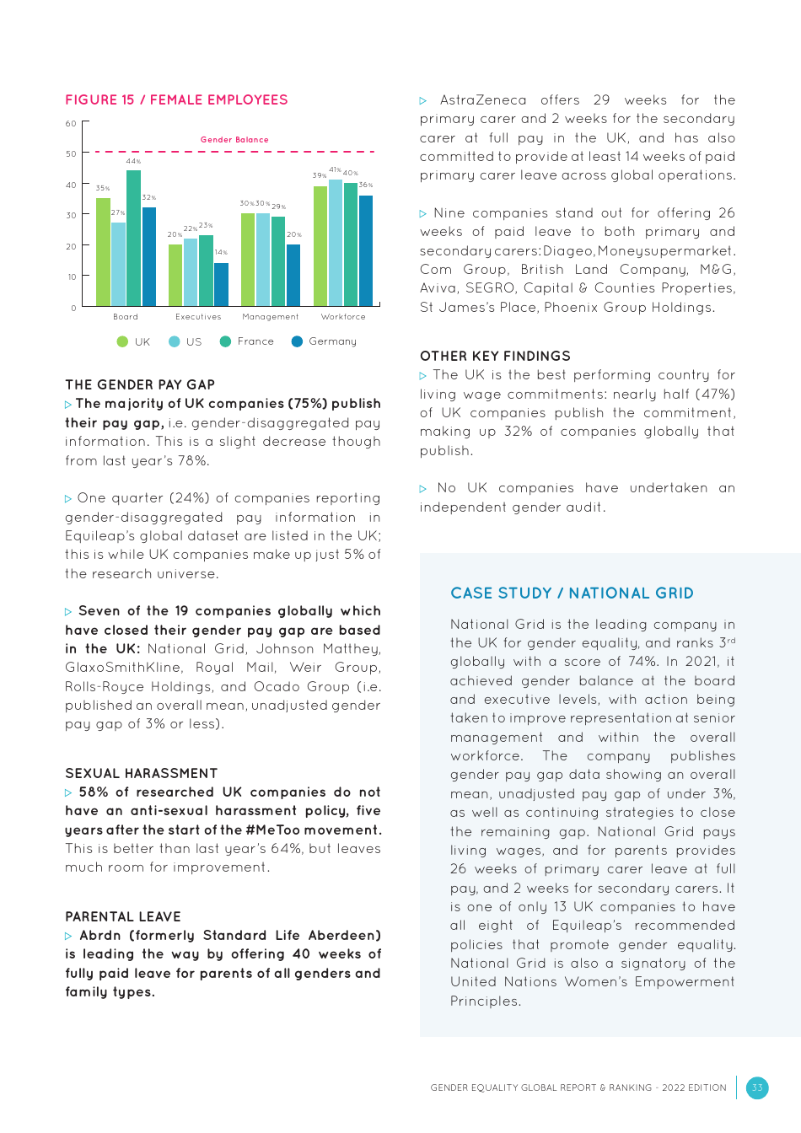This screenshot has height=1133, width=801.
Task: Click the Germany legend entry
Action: [x=324, y=341]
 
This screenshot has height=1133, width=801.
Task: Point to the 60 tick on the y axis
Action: [x=71, y=124]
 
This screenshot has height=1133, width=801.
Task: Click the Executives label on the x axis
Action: [x=198, y=317]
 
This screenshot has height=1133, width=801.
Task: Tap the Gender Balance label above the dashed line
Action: [x=234, y=140]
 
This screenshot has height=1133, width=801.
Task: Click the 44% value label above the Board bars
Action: [x=133, y=161]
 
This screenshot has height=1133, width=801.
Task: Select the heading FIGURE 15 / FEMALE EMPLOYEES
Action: [x=176, y=99]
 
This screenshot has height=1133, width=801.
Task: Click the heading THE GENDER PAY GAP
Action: [x=140, y=384]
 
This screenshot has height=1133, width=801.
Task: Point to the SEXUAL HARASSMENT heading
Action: [x=141, y=773]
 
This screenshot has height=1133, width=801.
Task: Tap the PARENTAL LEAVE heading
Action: [x=123, y=916]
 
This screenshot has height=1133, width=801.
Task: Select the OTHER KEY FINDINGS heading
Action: [x=495, y=356]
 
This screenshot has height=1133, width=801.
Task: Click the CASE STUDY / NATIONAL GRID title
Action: [x=572, y=593]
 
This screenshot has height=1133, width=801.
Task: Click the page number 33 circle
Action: [x=757, y=1087]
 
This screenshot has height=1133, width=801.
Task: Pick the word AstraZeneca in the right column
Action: [x=482, y=100]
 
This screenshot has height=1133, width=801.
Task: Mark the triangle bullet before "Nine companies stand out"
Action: [x=423, y=214]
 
